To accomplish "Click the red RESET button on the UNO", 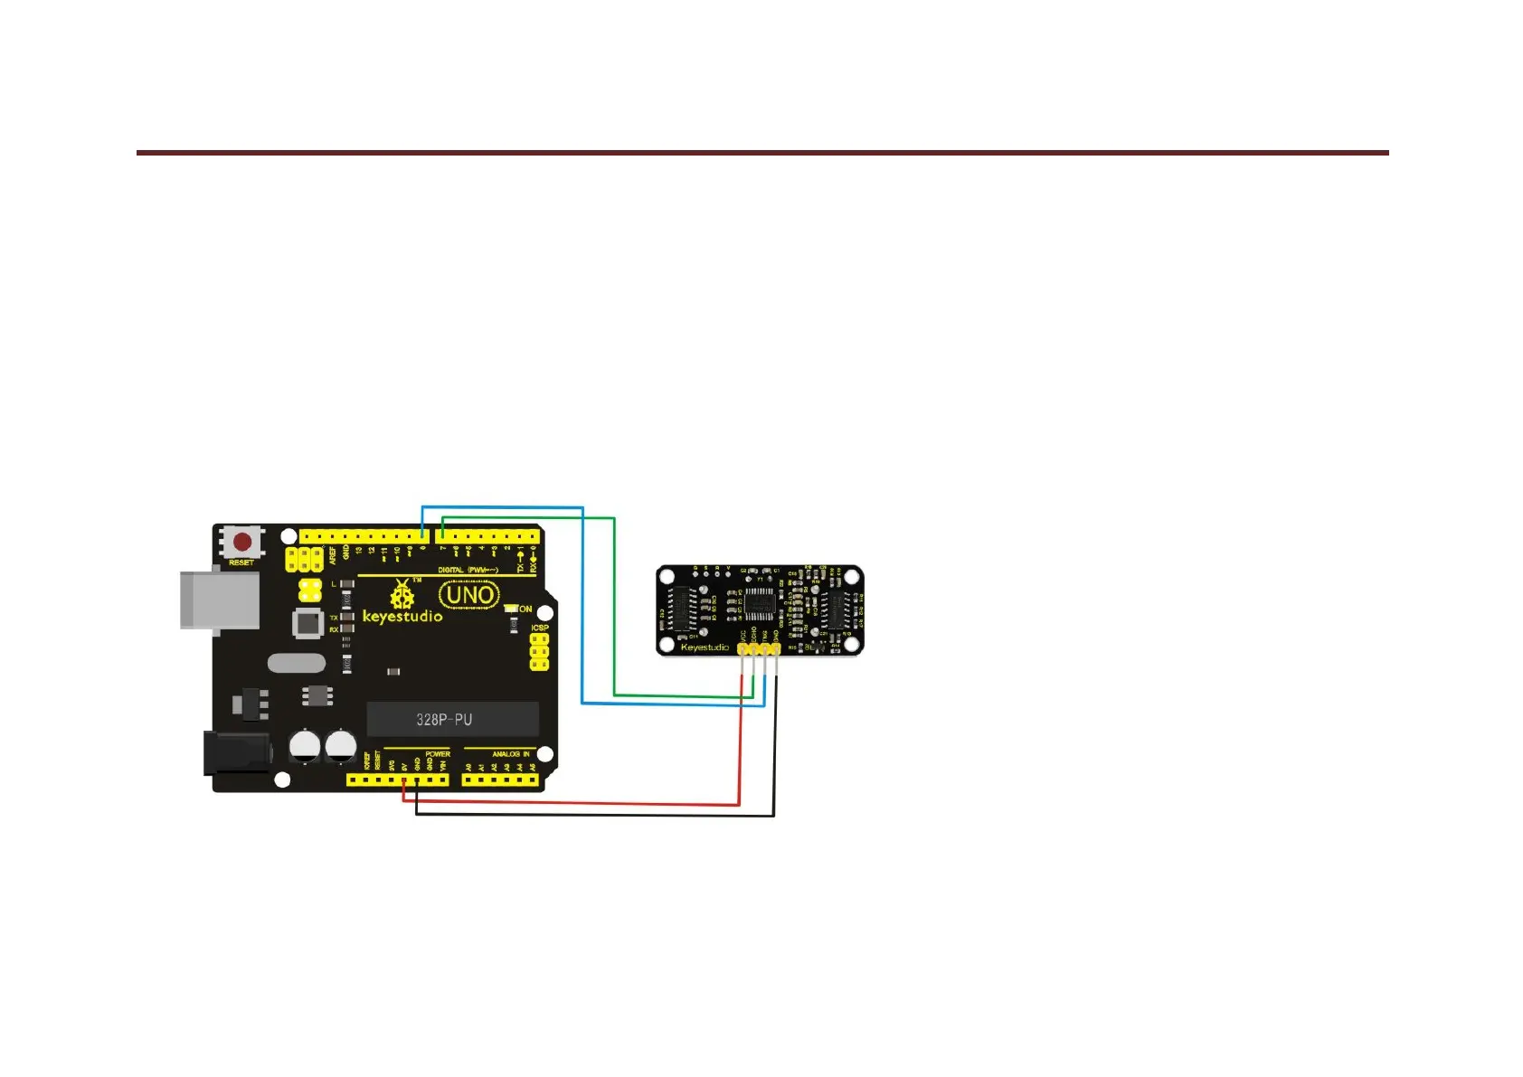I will pos(242,543).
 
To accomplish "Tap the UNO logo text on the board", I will pos(468,595).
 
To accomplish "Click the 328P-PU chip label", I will pos(444,720).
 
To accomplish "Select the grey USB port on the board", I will pos(220,599).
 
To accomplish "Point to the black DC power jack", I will pos(236,753).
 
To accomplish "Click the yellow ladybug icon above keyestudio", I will pos(402,595).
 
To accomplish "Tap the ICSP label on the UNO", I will pos(540,628).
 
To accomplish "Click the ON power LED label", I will pos(525,609).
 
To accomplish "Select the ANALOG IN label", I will pos(511,754).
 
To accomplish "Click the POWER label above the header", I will pos(438,754).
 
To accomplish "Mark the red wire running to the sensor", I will pos(579,804).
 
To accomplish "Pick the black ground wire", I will pos(597,816).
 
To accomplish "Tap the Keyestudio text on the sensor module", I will pos(705,647).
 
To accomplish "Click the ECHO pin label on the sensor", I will pos(754,636).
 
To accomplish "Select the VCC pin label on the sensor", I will pos(743,636).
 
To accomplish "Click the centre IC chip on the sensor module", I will pos(759,603).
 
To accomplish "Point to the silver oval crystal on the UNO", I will pos(297,663).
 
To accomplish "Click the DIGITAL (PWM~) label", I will pos(468,570).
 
